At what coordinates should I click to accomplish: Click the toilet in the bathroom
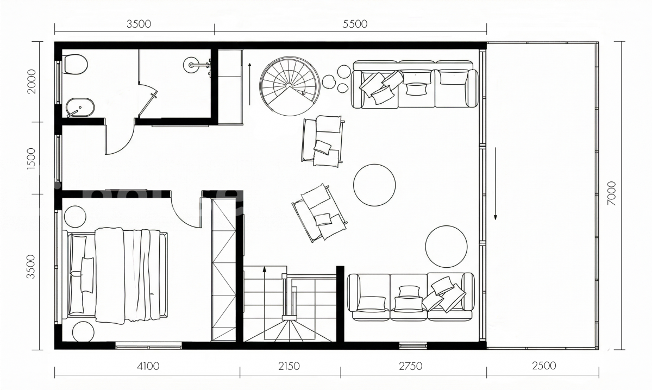tap(76, 64)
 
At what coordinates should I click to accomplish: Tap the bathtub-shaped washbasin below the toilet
tap(80, 108)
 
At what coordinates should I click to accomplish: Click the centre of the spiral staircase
tap(289, 86)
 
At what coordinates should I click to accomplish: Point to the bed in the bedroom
tap(117, 275)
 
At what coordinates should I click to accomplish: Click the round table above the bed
tap(75, 217)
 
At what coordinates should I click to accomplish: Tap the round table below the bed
tap(83, 332)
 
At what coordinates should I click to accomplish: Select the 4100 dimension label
tap(148, 366)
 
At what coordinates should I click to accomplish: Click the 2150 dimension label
tap(289, 366)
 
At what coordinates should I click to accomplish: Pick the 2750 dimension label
tap(410, 366)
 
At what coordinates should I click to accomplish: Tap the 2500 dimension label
tap(544, 366)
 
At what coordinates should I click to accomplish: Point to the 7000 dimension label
tap(612, 193)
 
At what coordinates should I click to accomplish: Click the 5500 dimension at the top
tap(354, 24)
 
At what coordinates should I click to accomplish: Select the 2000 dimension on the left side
tap(31, 81)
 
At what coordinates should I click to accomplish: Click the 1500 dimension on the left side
tap(31, 159)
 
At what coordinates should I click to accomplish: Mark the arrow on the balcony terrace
tap(496, 184)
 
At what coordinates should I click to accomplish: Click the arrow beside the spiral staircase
tap(250, 84)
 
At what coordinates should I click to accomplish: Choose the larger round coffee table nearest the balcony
tap(446, 246)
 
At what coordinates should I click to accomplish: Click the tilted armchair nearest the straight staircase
tap(319, 213)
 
